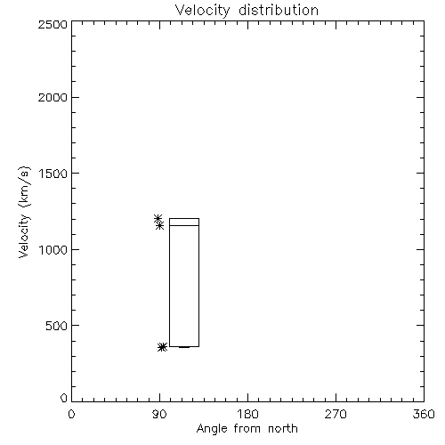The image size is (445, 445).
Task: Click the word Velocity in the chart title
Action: coord(202,11)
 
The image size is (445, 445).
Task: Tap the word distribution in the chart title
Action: coord(279,10)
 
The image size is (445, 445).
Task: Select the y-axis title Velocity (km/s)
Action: coord(24,212)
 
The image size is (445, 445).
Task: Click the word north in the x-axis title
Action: coord(283,428)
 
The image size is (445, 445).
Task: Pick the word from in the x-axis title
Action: coord(247,428)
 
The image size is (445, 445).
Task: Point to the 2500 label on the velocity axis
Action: coord(53,24)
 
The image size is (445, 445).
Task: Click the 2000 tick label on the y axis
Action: coord(53,97)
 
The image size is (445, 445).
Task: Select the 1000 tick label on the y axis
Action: coord(53,250)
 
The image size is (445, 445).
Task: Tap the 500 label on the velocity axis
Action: coord(57,326)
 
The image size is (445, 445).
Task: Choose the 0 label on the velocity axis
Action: coord(64,398)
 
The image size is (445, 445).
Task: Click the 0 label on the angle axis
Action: coord(71,414)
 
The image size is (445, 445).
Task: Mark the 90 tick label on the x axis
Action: coord(159,414)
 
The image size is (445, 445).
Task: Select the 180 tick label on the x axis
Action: coord(247,414)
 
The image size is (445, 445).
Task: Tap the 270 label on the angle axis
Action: coord(336,414)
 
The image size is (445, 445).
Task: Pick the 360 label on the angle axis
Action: coord(424,414)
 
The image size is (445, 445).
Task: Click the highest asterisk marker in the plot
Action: coord(158,218)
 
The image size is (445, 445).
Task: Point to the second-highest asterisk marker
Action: coord(160,226)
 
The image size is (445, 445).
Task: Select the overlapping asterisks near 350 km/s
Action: coord(162,347)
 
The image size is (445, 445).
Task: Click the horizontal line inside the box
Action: coord(184,225)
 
